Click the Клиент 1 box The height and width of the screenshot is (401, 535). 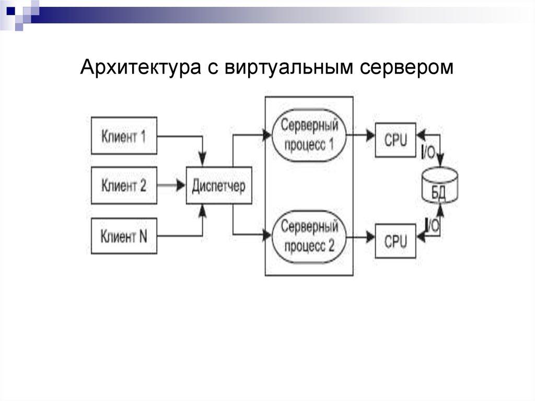pos(124,135)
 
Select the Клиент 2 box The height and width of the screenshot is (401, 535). pos(124,185)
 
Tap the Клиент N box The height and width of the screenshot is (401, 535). pos(124,236)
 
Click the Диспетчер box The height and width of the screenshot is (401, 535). pos(219,186)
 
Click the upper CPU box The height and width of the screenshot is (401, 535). pos(396,140)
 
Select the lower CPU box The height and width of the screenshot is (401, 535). pos(396,240)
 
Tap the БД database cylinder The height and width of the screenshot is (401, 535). pos(439,186)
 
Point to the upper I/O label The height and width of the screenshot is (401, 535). pos(428,152)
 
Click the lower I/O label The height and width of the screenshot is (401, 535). pos(432,225)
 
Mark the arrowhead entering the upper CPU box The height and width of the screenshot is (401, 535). pos(370,135)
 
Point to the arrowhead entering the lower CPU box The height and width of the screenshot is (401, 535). pos(370,237)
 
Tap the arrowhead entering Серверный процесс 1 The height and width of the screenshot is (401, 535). pos(267,135)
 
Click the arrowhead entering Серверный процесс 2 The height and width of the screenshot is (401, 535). pos(267,236)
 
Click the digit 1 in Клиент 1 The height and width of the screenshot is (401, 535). pos(143,136)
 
